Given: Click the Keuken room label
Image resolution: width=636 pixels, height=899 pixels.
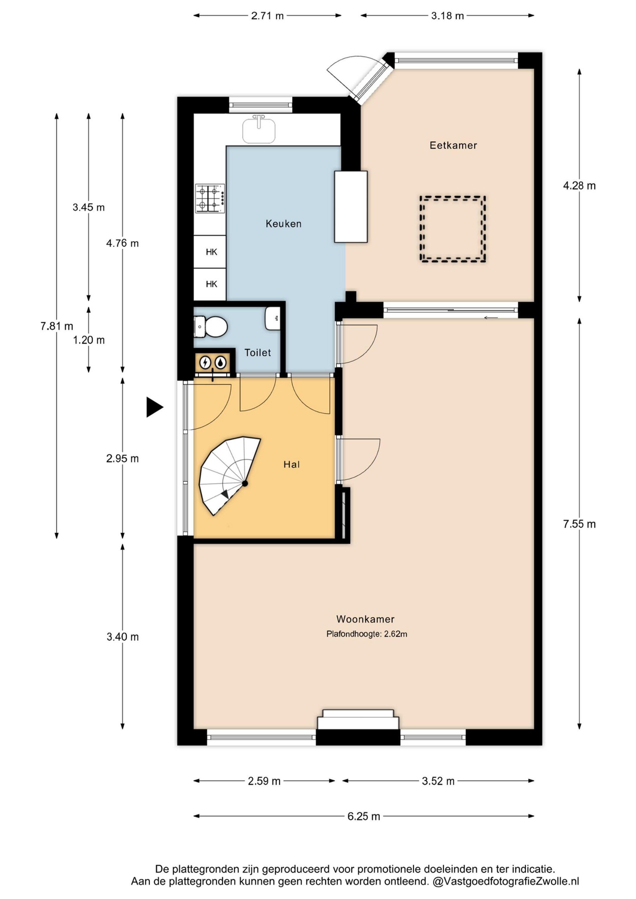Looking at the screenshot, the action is pyautogui.click(x=284, y=224).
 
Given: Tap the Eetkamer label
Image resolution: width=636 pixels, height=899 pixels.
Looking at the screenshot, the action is pyautogui.click(x=453, y=146).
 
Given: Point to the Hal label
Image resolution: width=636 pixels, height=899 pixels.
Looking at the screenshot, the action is pyautogui.click(x=292, y=464).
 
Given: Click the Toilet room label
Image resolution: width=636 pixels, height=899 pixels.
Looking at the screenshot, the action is pyautogui.click(x=258, y=353).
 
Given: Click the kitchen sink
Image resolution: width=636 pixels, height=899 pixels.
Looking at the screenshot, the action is pyautogui.click(x=259, y=130).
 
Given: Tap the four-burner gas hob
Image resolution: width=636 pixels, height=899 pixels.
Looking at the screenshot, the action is pyautogui.click(x=210, y=198).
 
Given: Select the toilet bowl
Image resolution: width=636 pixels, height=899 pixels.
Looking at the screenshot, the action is pyautogui.click(x=211, y=327).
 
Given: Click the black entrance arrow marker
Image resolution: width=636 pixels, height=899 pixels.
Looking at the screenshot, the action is pyautogui.click(x=154, y=407).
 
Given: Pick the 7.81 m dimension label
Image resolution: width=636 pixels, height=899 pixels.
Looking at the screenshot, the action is pyautogui.click(x=57, y=326).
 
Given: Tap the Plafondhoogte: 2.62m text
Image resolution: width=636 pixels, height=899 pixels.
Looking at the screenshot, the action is pyautogui.click(x=367, y=634).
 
